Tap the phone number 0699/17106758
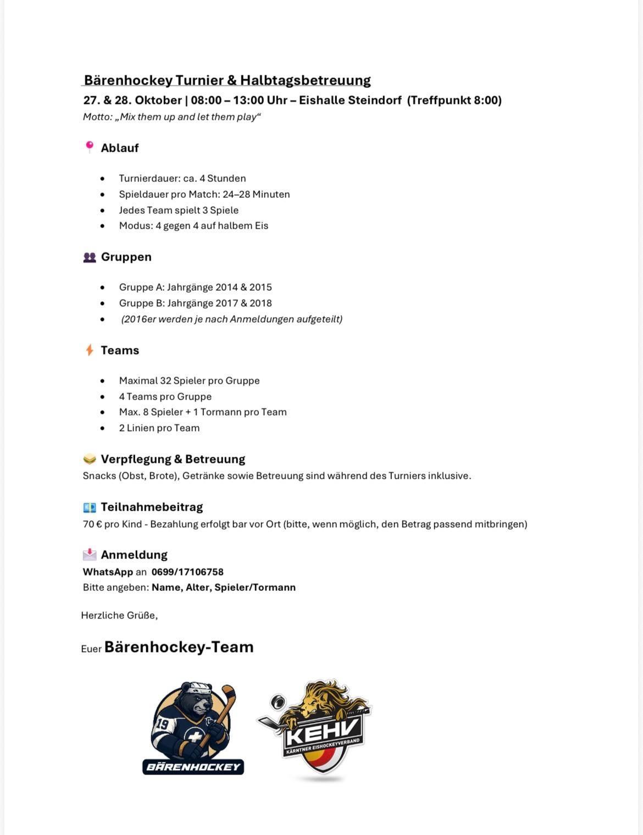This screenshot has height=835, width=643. (x=187, y=572)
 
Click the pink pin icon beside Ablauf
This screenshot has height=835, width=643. (x=90, y=147)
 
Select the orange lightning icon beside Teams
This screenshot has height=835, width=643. (x=90, y=350)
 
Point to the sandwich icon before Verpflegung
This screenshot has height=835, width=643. (x=90, y=459)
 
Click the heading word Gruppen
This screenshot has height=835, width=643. (x=126, y=257)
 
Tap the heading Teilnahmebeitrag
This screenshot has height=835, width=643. (x=152, y=507)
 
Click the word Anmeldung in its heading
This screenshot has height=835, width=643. (x=134, y=555)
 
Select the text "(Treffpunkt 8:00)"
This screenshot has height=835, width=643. (x=454, y=100)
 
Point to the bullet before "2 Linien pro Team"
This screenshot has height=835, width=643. (x=102, y=428)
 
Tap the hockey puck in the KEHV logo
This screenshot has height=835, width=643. (x=278, y=702)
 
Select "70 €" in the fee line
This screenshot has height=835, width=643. (x=92, y=524)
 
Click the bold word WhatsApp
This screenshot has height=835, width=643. (x=108, y=572)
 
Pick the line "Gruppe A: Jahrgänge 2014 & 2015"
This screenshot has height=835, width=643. (x=195, y=287)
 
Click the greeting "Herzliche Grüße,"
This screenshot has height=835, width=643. (x=119, y=615)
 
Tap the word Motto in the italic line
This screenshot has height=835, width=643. (x=96, y=117)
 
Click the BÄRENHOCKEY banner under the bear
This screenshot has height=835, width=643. (x=193, y=767)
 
